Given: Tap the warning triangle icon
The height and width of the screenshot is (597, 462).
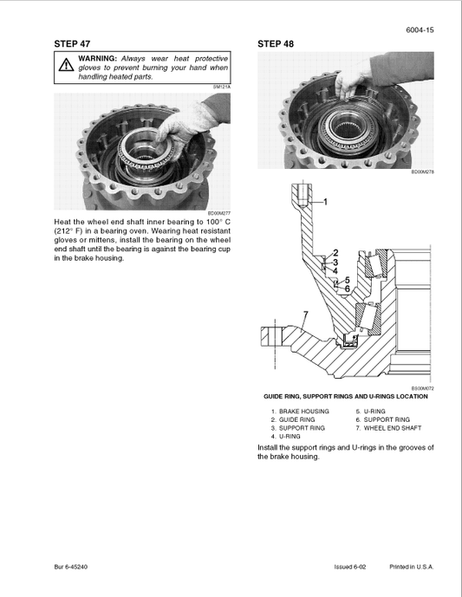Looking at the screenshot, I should tap(66, 66).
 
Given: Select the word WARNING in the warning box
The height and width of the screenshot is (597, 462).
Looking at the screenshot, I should tap(97, 57).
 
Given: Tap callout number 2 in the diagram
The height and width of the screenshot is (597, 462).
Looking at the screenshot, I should tap(335, 253).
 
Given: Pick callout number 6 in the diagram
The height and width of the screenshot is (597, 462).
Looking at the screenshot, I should tap(347, 289).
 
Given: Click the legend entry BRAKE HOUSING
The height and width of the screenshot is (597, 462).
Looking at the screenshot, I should tap(300, 412).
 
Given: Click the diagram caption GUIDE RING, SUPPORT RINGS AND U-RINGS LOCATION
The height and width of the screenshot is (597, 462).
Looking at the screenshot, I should tap(346, 397).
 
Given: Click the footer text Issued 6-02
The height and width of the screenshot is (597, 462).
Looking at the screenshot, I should tap(350, 567).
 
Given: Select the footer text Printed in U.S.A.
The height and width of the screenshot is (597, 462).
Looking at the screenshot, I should tap(411, 567).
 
